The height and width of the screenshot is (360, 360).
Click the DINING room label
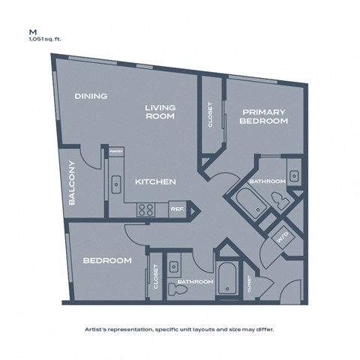click(x=91, y=96)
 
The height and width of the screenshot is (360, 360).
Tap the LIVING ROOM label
click(x=160, y=112)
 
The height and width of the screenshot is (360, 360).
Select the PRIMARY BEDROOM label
click(x=264, y=115)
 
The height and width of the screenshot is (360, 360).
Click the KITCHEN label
click(x=155, y=182)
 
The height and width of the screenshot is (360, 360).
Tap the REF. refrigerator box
click(x=177, y=210)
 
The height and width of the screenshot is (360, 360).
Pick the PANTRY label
click(x=115, y=151)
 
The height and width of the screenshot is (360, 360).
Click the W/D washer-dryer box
click(x=283, y=238)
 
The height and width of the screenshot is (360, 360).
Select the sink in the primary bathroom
click(x=295, y=177)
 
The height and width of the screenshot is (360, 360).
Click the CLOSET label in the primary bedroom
click(x=210, y=115)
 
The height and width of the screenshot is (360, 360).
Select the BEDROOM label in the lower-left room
click(x=107, y=261)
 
